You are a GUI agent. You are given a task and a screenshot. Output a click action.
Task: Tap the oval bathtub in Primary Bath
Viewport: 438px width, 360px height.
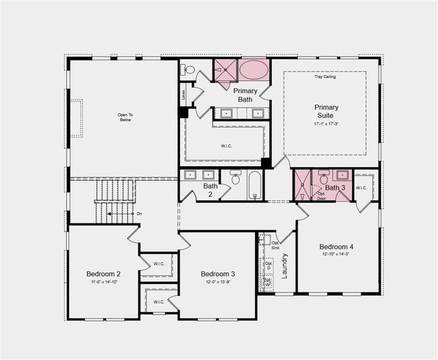click(254, 69)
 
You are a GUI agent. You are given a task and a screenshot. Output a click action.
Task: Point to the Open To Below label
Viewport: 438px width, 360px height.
click(124, 116)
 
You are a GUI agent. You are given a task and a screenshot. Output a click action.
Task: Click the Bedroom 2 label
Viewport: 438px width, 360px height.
click(103, 274)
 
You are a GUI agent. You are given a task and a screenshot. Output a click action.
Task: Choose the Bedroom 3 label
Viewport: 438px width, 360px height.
click(218, 274)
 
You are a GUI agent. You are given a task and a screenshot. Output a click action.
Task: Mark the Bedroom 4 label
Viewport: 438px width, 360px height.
click(336, 247)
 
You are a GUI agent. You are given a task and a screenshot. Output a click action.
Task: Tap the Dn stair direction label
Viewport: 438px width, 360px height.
click(139, 214)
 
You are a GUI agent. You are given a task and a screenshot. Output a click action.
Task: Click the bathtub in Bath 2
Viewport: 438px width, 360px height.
click(254, 185)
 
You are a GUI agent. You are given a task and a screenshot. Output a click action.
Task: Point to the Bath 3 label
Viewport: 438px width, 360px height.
click(335, 188)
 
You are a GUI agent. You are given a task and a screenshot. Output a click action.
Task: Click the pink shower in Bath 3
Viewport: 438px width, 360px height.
click(302, 185)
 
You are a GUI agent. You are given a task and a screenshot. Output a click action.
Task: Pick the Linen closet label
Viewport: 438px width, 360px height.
click(184, 94)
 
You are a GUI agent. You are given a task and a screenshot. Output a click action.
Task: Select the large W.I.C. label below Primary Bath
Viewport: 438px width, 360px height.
click(223, 144)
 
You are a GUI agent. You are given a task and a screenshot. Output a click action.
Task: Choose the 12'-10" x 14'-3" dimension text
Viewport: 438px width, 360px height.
click(336, 254)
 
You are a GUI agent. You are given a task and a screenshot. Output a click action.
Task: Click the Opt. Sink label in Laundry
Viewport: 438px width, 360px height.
click(275, 244)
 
